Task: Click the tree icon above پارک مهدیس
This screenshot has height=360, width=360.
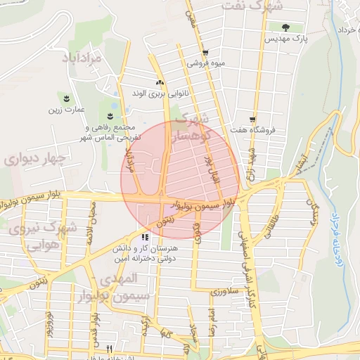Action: click(285, 28)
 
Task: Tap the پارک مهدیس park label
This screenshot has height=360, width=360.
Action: click(285, 39)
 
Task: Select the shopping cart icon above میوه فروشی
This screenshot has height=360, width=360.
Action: click(205, 53)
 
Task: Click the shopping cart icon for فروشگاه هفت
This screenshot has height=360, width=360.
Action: click(252, 120)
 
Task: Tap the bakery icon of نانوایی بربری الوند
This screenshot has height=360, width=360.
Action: click(159, 82)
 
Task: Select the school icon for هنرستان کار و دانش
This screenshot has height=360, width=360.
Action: click(144, 237)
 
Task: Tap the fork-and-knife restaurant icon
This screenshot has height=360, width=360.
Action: click(109, 348)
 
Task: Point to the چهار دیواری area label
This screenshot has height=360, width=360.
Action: click(34, 159)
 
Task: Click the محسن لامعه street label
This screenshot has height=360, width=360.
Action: click(89, 224)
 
